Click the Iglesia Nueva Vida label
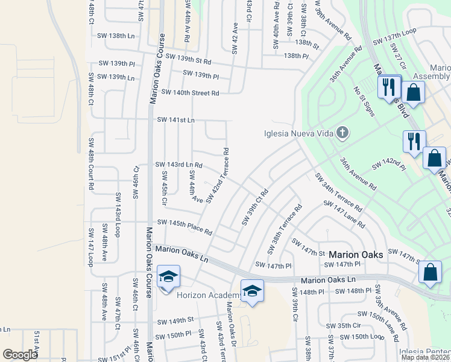(x=300, y=133)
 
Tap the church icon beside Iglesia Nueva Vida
(x=342, y=133)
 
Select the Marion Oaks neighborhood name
(x=356, y=255)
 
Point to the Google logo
(x=20, y=355)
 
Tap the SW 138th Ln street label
(x=116, y=36)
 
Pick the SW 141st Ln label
(x=175, y=120)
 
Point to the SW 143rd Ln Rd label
(x=178, y=164)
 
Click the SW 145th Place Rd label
(x=184, y=227)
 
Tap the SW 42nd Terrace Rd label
(x=218, y=175)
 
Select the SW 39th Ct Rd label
(x=254, y=208)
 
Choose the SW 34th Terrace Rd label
(x=338, y=191)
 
